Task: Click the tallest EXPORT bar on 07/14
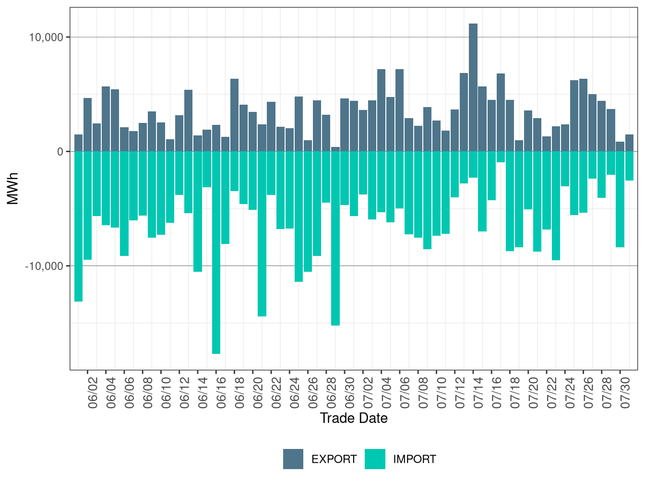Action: (473, 87)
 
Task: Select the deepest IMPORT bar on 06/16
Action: (216, 253)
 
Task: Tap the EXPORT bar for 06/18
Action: (234, 115)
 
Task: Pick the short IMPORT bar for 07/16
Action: (501, 157)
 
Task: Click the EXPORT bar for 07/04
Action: (381, 110)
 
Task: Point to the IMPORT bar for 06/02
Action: (87, 206)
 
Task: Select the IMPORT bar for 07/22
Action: (556, 206)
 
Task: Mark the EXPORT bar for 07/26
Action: (583, 115)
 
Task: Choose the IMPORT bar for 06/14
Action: (197, 212)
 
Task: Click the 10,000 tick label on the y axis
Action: (46, 37)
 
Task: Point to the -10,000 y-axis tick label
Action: (44, 266)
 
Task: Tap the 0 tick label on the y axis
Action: (60, 152)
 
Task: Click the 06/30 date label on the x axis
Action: (350, 393)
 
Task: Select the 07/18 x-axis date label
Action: (515, 393)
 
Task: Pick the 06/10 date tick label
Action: (166, 393)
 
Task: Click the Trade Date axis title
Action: (354, 418)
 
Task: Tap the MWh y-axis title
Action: (12, 188)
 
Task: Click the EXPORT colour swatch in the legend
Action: (293, 459)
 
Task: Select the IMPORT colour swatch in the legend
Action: (375, 459)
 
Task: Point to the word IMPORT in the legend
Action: (415, 459)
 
